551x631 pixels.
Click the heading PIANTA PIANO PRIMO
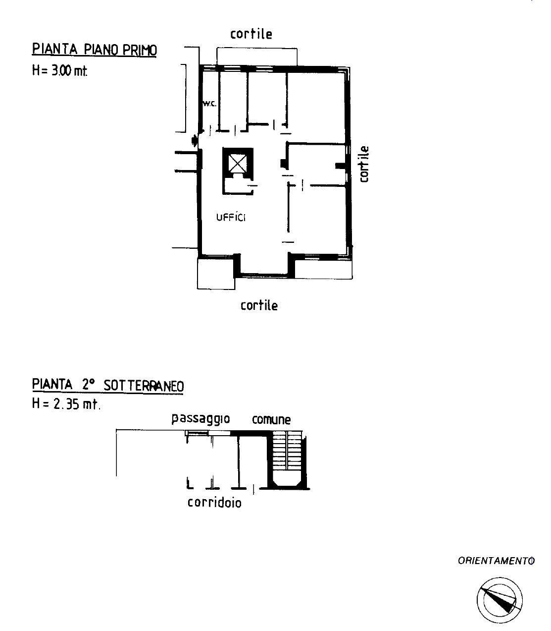click(95, 50)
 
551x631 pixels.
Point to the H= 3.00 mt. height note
click(60, 71)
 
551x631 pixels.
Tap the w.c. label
click(209, 104)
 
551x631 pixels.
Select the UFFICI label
click(231, 218)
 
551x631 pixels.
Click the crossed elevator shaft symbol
click(239, 163)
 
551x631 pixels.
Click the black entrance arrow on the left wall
click(195, 141)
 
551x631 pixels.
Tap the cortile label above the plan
click(251, 34)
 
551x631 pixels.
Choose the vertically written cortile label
click(364, 164)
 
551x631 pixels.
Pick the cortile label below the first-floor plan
click(259, 305)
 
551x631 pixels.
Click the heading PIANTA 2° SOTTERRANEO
click(108, 386)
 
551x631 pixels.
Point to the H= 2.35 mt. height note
click(66, 403)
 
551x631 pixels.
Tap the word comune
click(271, 420)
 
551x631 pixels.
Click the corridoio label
click(214, 503)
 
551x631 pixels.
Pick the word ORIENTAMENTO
click(496, 561)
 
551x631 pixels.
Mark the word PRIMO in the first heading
click(140, 50)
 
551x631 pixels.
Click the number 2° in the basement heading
click(88, 385)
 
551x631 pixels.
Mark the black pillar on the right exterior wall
click(341, 166)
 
